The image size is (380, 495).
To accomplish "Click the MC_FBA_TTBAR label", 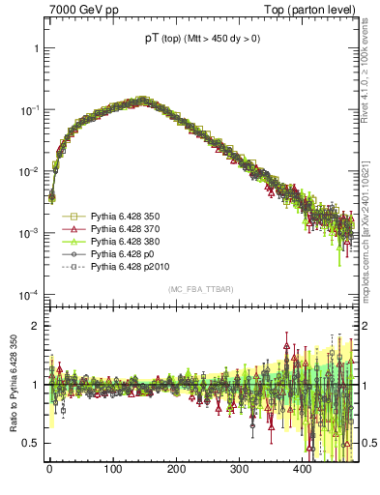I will click(201, 289).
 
